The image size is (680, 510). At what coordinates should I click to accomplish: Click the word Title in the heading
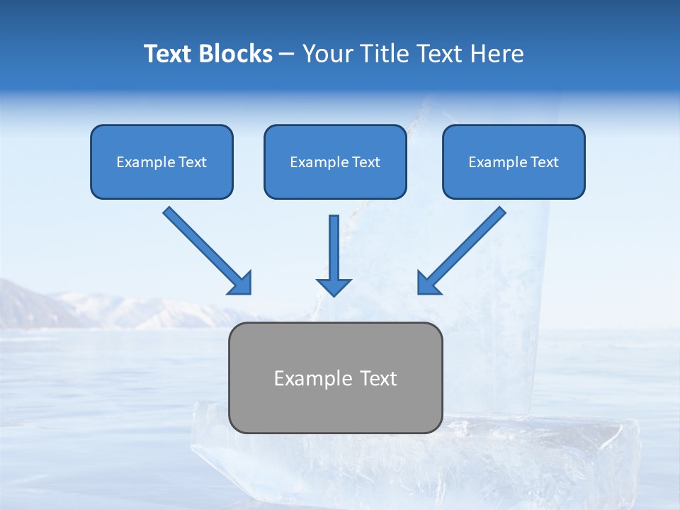pos(384,54)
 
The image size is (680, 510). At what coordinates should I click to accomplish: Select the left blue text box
pos(161,161)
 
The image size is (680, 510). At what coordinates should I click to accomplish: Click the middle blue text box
pos(335,161)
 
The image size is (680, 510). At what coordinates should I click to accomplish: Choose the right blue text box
pos(514,161)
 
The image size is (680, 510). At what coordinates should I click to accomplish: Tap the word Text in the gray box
pos(378,378)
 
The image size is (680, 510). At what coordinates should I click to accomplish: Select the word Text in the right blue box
pos(544,162)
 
